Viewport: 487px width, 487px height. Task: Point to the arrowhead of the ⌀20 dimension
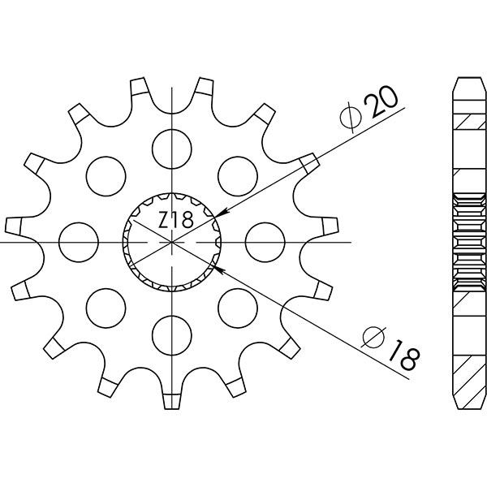(220, 213)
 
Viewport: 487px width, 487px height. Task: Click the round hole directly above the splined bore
(172, 145)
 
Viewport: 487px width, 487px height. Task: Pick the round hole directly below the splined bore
(172, 335)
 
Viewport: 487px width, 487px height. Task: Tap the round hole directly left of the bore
(79, 242)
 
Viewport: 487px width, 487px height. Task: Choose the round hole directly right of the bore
(262, 241)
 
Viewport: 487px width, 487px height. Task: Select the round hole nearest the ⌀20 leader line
(236, 171)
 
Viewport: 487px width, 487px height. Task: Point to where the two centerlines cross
(173, 242)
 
